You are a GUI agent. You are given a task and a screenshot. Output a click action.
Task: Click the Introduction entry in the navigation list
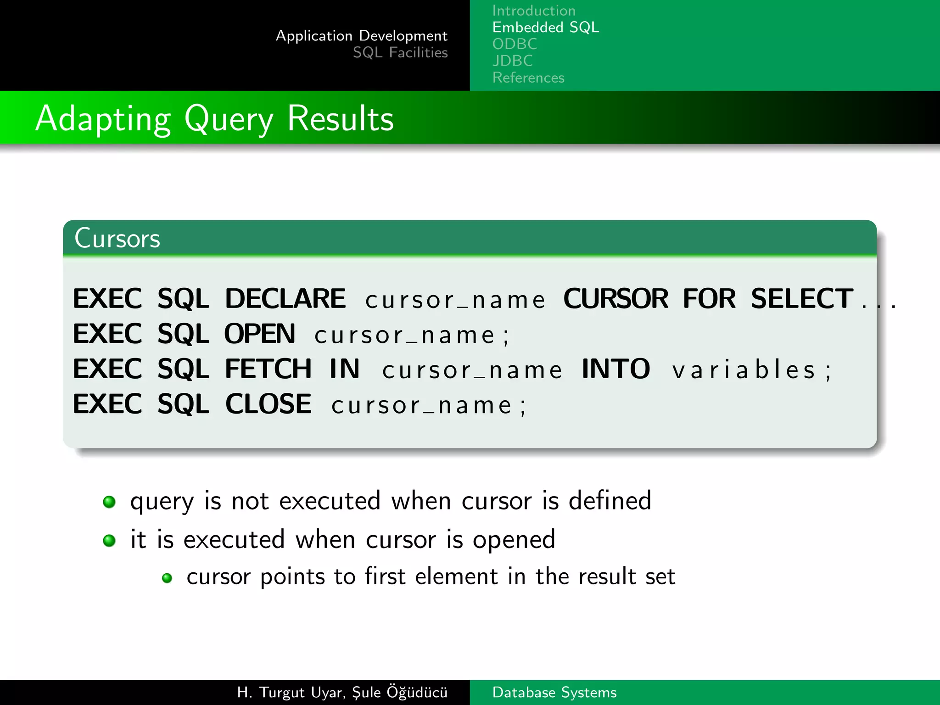533,11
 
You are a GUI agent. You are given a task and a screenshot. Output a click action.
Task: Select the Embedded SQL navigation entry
545,28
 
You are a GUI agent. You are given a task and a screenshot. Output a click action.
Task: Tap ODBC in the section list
515,44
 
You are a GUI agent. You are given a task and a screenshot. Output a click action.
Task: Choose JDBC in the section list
512,61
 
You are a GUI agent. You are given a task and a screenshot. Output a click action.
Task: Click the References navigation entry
528,78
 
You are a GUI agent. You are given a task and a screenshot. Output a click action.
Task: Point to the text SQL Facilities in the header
400,52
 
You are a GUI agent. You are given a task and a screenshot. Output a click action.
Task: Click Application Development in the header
361,36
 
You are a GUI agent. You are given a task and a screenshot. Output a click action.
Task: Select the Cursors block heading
117,238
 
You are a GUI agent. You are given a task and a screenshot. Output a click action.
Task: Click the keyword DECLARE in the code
285,299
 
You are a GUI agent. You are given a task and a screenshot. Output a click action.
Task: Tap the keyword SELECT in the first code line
801,299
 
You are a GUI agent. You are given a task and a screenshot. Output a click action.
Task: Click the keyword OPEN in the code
259,334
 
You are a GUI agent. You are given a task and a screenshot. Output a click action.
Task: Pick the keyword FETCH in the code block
268,369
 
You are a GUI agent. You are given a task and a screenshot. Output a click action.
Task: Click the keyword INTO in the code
615,369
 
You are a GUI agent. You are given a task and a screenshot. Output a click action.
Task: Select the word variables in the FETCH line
744,370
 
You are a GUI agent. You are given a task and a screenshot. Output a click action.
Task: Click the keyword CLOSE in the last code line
268,404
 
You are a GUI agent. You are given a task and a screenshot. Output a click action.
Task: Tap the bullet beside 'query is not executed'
109,502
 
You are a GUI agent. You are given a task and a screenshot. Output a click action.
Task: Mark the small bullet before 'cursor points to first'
167,578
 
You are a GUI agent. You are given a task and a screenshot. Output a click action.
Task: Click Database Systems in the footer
554,692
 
